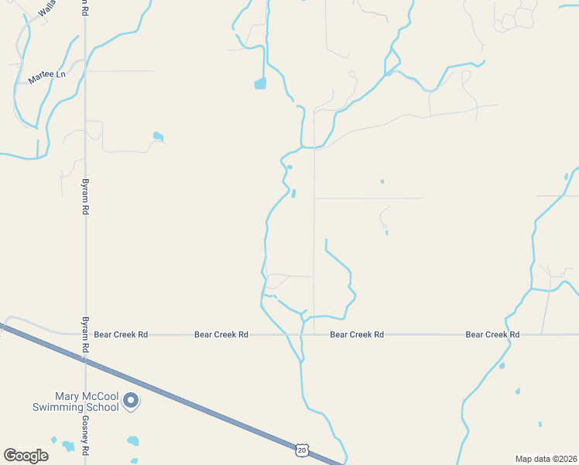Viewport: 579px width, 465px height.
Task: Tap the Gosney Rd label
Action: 85,436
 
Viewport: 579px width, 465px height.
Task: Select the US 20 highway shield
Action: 301,449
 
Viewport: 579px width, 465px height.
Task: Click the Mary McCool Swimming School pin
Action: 131,401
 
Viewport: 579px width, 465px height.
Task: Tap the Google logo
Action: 26,456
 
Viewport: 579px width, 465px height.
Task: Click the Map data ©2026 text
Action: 545,459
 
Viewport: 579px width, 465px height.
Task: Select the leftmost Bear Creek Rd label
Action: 121,335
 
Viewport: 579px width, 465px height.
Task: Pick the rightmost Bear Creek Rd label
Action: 492,335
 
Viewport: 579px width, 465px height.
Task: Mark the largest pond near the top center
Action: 260,83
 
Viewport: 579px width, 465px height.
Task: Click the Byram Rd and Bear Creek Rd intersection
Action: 85,335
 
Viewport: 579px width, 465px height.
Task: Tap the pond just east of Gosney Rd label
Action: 133,442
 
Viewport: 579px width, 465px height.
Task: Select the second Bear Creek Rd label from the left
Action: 221,335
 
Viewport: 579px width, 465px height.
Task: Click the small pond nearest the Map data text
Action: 540,424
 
